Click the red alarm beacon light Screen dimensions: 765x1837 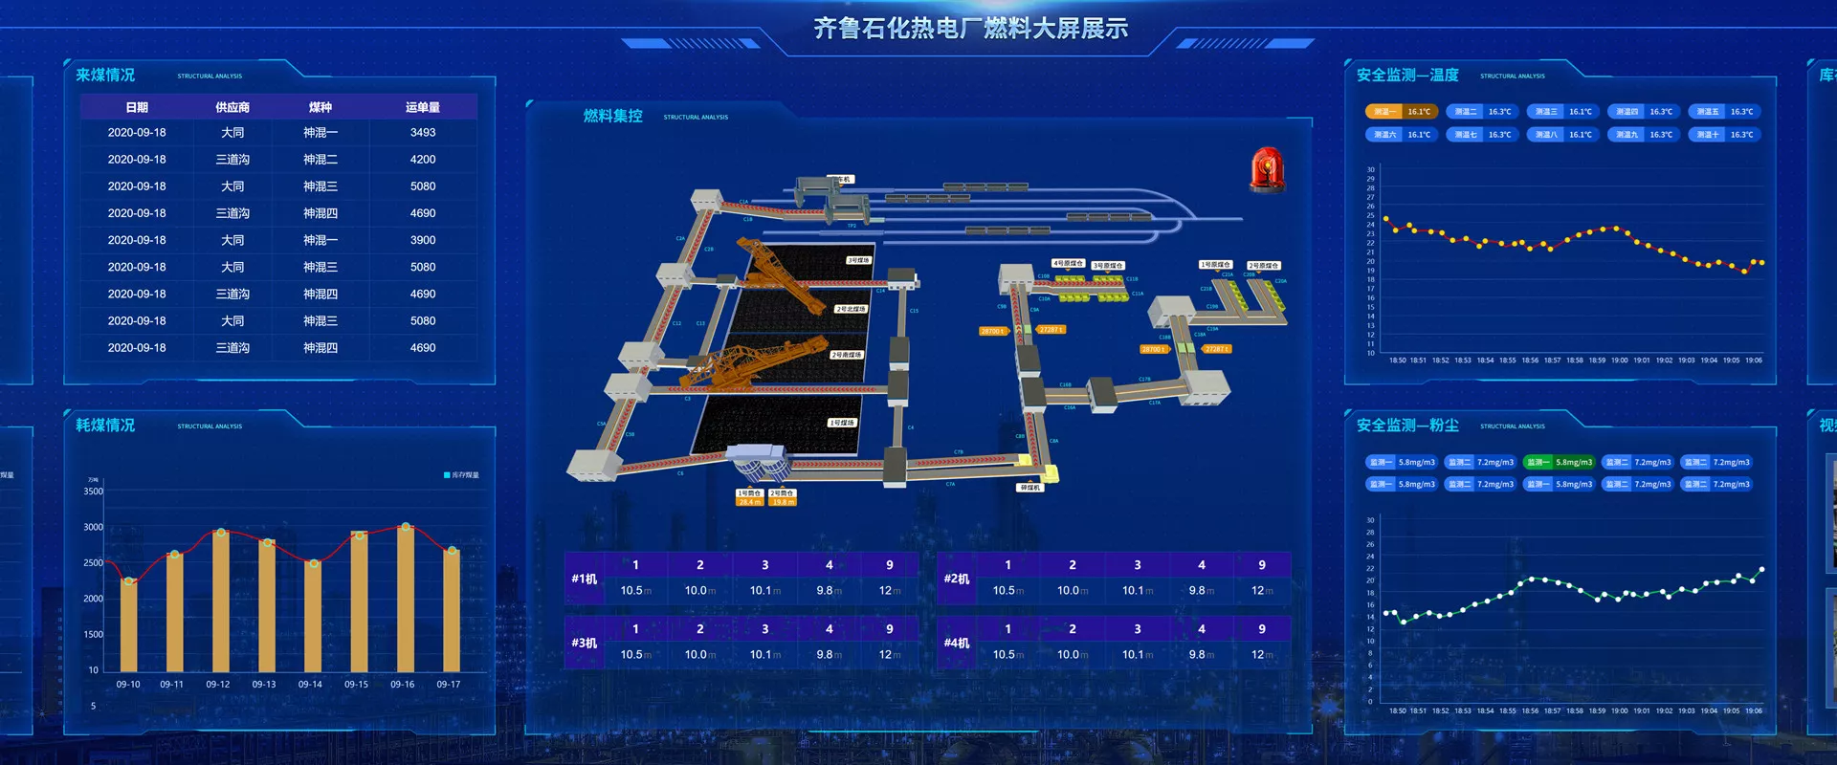click(x=1267, y=170)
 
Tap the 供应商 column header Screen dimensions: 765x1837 click(x=232, y=107)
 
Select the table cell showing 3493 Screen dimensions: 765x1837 click(x=422, y=133)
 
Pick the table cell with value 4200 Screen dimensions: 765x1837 click(x=422, y=160)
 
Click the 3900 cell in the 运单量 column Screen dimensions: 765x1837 click(x=422, y=240)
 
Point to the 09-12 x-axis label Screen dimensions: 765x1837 click(x=218, y=685)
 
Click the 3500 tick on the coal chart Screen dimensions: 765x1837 click(x=93, y=492)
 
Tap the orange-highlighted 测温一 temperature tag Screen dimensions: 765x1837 click(x=1401, y=112)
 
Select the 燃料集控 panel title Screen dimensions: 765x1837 click(x=613, y=116)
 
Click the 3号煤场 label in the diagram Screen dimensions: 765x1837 click(x=858, y=260)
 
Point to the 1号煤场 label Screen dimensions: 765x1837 click(x=842, y=423)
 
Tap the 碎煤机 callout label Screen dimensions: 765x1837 click(x=1029, y=488)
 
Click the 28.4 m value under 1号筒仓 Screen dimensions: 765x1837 click(x=749, y=502)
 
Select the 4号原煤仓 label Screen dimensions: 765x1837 click(x=1068, y=263)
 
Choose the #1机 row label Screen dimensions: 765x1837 click(x=585, y=579)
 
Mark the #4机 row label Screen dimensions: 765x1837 click(x=957, y=644)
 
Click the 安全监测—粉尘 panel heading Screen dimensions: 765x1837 click(x=1407, y=426)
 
